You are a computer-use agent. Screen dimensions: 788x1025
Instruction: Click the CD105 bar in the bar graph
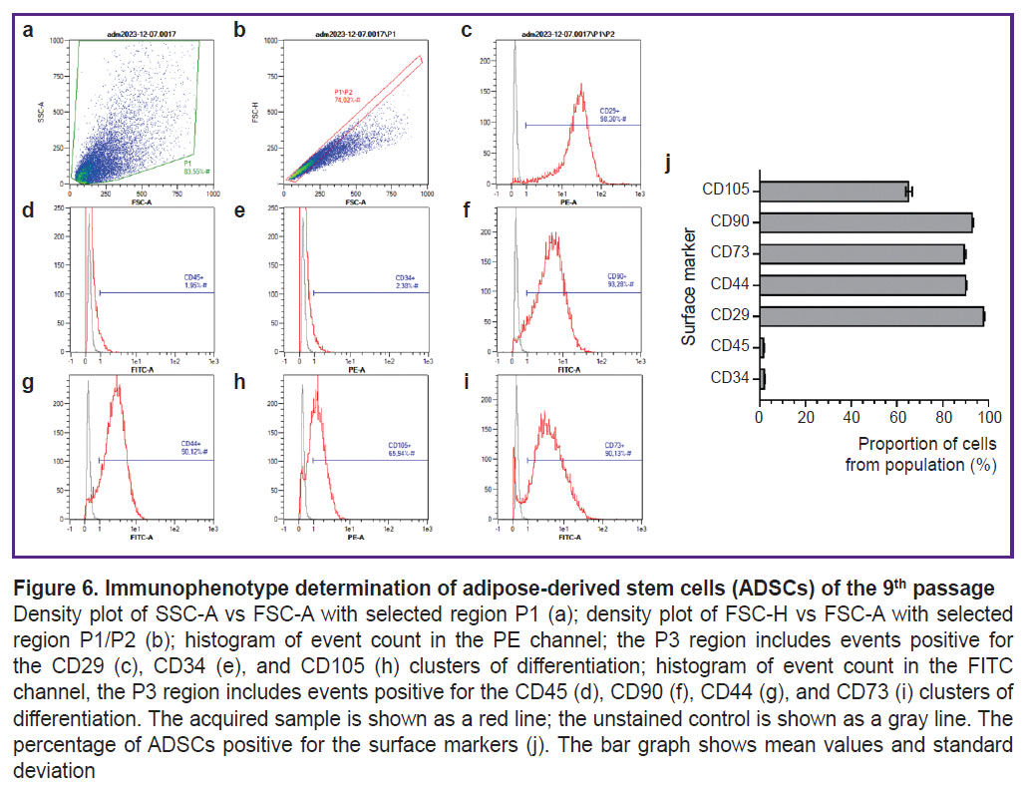pos(834,191)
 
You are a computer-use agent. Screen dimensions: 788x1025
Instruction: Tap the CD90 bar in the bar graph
pos(865,222)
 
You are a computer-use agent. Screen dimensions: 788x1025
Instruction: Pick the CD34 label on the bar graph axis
pos(731,379)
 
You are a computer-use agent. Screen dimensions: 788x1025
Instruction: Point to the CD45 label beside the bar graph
pos(731,348)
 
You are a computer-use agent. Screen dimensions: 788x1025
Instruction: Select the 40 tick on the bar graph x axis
pos(851,417)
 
